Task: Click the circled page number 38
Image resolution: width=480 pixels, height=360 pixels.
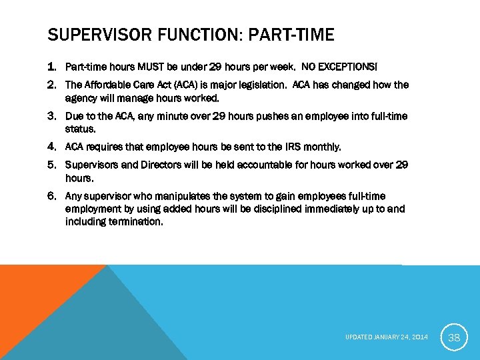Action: (454, 337)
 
